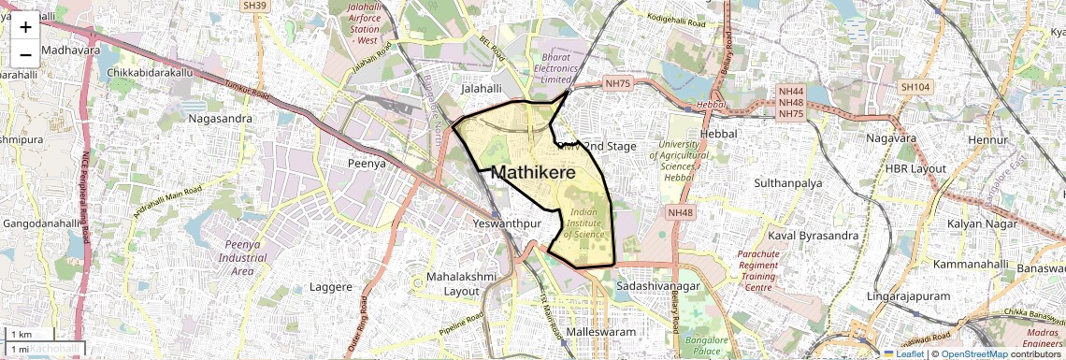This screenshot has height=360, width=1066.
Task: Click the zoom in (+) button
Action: tap(25, 27)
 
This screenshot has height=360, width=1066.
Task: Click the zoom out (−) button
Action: tap(25, 53)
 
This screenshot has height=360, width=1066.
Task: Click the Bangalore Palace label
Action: tap(712, 345)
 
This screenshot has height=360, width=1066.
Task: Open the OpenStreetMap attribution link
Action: tap(973, 354)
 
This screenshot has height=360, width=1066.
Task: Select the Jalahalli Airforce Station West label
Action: tap(363, 23)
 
